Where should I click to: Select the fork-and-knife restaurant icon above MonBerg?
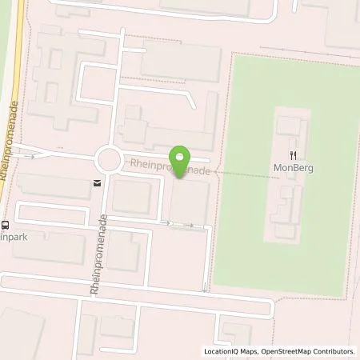(x=294, y=155)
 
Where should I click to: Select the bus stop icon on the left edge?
(x=4, y=224)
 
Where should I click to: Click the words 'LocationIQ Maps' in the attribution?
(x=232, y=351)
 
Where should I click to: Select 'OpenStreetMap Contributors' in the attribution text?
(x=309, y=351)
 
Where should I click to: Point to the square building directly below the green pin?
(x=190, y=198)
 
